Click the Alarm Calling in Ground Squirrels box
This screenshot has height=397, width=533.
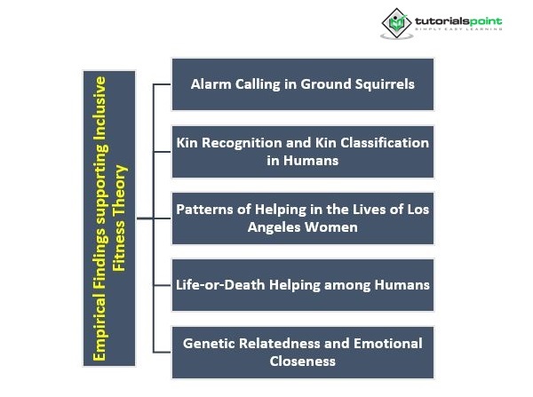pos(303,84)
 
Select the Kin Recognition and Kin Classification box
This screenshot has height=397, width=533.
pos(303,151)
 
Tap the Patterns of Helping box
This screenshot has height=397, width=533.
pos(303,218)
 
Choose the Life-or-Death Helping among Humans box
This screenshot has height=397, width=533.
pos(303,285)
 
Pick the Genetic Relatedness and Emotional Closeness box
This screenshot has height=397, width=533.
pos(303,352)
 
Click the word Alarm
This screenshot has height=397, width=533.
pos(211,84)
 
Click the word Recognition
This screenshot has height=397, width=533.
pos(243,143)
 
